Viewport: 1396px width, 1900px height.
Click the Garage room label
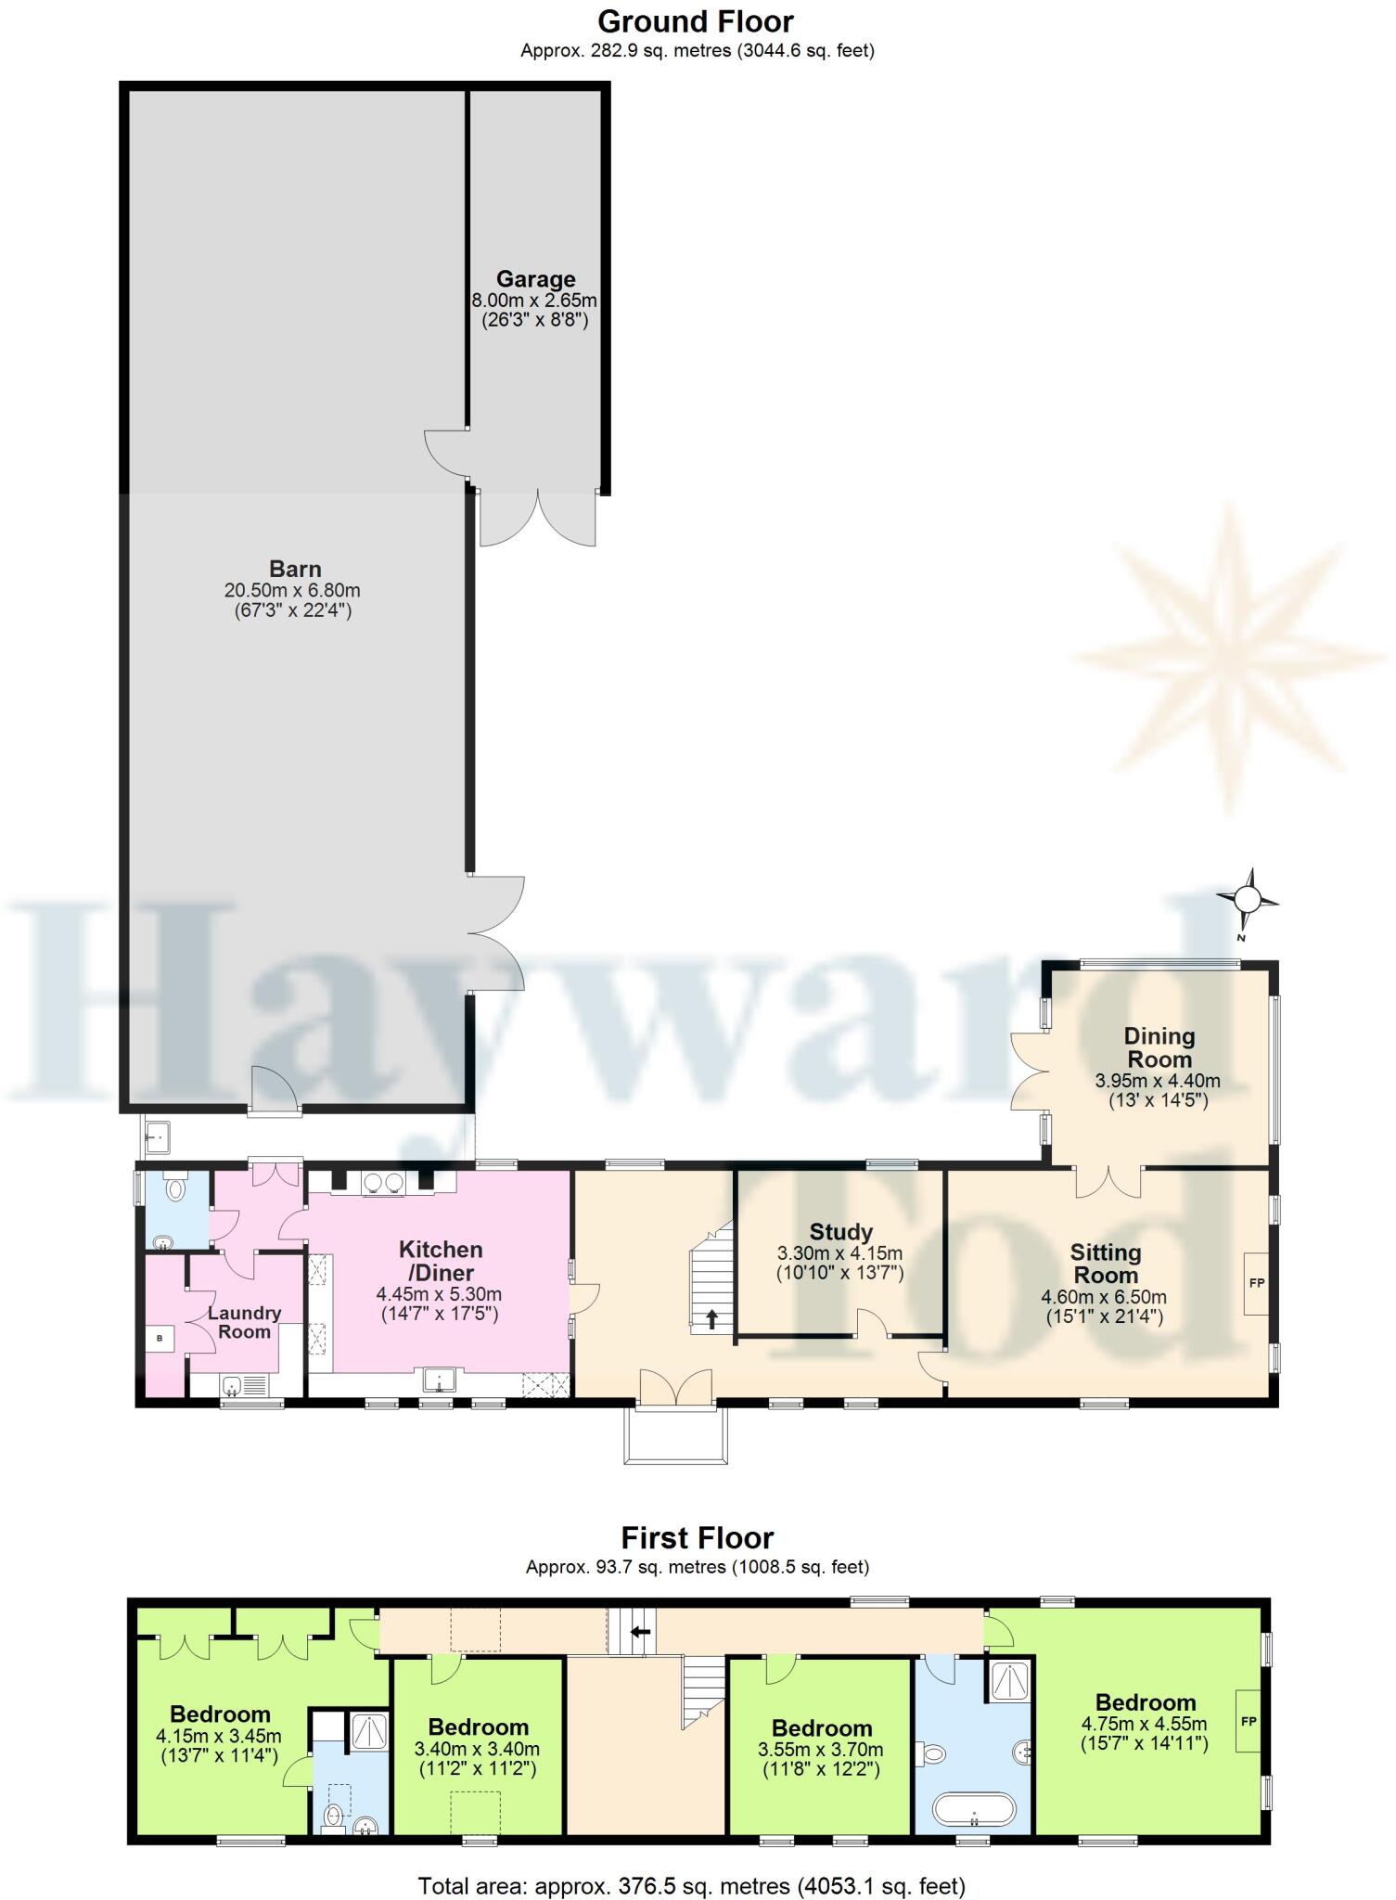click(535, 278)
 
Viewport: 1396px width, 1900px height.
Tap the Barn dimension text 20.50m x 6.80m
click(292, 590)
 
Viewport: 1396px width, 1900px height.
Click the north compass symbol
click(1248, 899)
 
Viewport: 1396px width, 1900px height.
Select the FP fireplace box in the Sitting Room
click(1257, 1283)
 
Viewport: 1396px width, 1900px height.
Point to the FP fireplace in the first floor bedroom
click(1248, 1721)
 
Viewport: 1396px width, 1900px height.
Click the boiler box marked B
click(160, 1339)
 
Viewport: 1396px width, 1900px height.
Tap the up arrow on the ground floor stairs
click(711, 1319)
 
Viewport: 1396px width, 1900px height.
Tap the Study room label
click(840, 1232)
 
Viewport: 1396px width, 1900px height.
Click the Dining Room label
click(1159, 1047)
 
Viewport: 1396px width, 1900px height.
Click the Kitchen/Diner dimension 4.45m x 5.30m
click(439, 1293)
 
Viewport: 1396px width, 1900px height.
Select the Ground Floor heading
click(696, 20)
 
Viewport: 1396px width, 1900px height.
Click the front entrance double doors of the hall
click(676, 1388)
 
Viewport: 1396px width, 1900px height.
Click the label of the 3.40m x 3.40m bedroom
click(479, 1727)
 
